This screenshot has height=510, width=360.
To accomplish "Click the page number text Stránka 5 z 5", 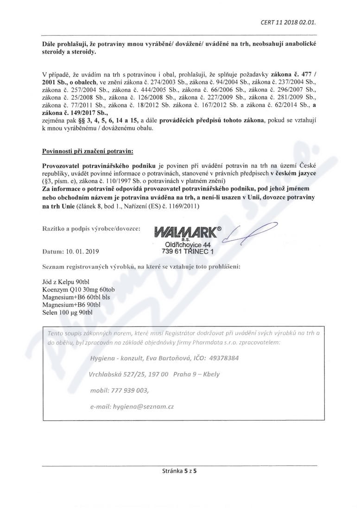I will coord(180,470).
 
